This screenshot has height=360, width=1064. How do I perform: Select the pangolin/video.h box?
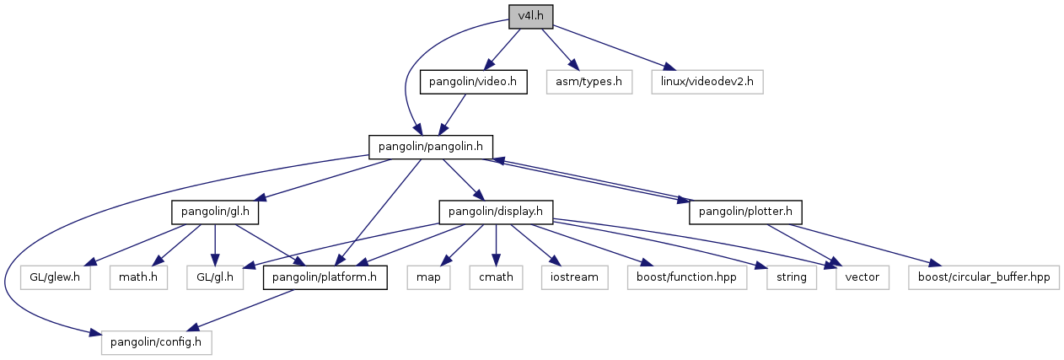[474, 82]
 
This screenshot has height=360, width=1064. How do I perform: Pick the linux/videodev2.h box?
[707, 82]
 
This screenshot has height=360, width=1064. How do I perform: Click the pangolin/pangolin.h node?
[430, 147]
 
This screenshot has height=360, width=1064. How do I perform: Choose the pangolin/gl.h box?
[214, 212]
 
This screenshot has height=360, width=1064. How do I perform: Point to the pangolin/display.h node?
[496, 212]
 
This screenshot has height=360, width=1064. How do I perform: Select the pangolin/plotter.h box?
[745, 212]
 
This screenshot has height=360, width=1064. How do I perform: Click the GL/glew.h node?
[54, 277]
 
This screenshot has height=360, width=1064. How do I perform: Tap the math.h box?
[138, 277]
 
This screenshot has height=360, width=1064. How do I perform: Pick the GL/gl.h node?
[215, 277]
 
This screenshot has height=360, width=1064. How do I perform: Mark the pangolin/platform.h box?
[325, 277]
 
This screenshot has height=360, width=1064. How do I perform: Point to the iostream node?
[574, 277]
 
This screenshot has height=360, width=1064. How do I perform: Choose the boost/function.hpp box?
[686, 277]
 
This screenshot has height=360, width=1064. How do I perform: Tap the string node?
[791, 277]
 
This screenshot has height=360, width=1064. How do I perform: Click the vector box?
[862, 277]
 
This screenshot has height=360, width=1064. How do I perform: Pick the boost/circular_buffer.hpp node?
[983, 277]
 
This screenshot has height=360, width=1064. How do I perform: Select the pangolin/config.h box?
[155, 342]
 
